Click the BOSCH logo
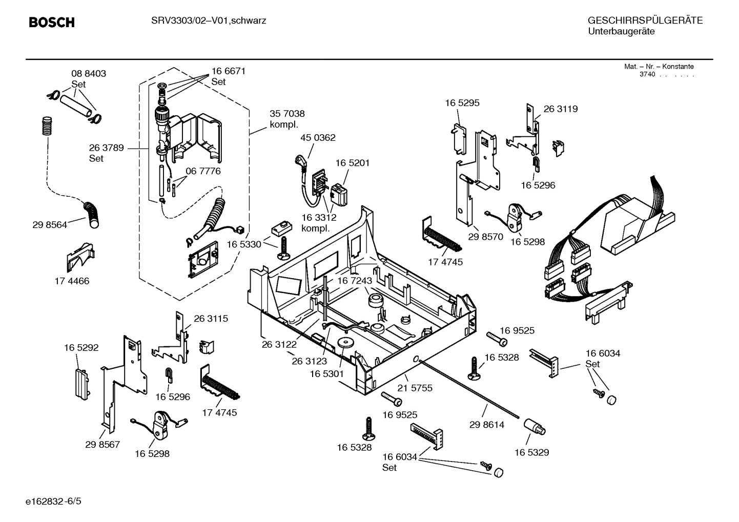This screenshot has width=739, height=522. point(52,23)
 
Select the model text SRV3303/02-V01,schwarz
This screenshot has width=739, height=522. point(209,20)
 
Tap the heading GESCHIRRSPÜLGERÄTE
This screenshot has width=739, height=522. point(645,20)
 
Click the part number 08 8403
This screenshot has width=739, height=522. point(89,73)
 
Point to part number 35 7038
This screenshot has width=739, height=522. point(287,114)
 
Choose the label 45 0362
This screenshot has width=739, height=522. point(318,137)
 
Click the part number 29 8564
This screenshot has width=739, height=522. point(50,224)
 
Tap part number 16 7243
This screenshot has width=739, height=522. point(354,281)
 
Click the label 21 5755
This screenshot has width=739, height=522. point(415,388)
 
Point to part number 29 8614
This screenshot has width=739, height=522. point(487,425)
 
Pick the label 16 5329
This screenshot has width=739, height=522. point(531,452)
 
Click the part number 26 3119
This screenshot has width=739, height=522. point(560,109)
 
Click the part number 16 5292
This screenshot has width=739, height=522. point(81,347)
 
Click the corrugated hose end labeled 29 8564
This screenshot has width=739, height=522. point(93,214)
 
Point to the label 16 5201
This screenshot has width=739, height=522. point(353,163)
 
